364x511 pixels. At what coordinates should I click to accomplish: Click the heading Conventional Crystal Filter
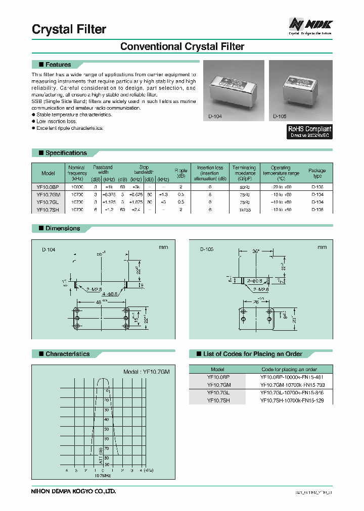point(182,46)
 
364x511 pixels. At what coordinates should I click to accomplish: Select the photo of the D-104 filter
point(233,91)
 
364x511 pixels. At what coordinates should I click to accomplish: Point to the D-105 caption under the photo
point(280,116)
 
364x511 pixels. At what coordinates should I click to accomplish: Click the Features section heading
point(58,65)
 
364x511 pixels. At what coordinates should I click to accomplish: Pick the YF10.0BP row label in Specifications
point(48,186)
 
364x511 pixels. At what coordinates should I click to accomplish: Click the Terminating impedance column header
point(244,173)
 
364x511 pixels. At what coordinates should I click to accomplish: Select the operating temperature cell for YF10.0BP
point(281,186)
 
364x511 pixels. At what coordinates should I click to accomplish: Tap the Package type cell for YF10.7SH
point(317,209)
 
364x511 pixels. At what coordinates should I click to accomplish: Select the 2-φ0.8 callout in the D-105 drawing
point(256,281)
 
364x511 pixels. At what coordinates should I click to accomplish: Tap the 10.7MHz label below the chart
point(103,475)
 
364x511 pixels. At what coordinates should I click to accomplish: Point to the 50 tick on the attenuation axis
point(106,429)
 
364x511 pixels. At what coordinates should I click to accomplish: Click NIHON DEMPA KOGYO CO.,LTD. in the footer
point(74,491)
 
